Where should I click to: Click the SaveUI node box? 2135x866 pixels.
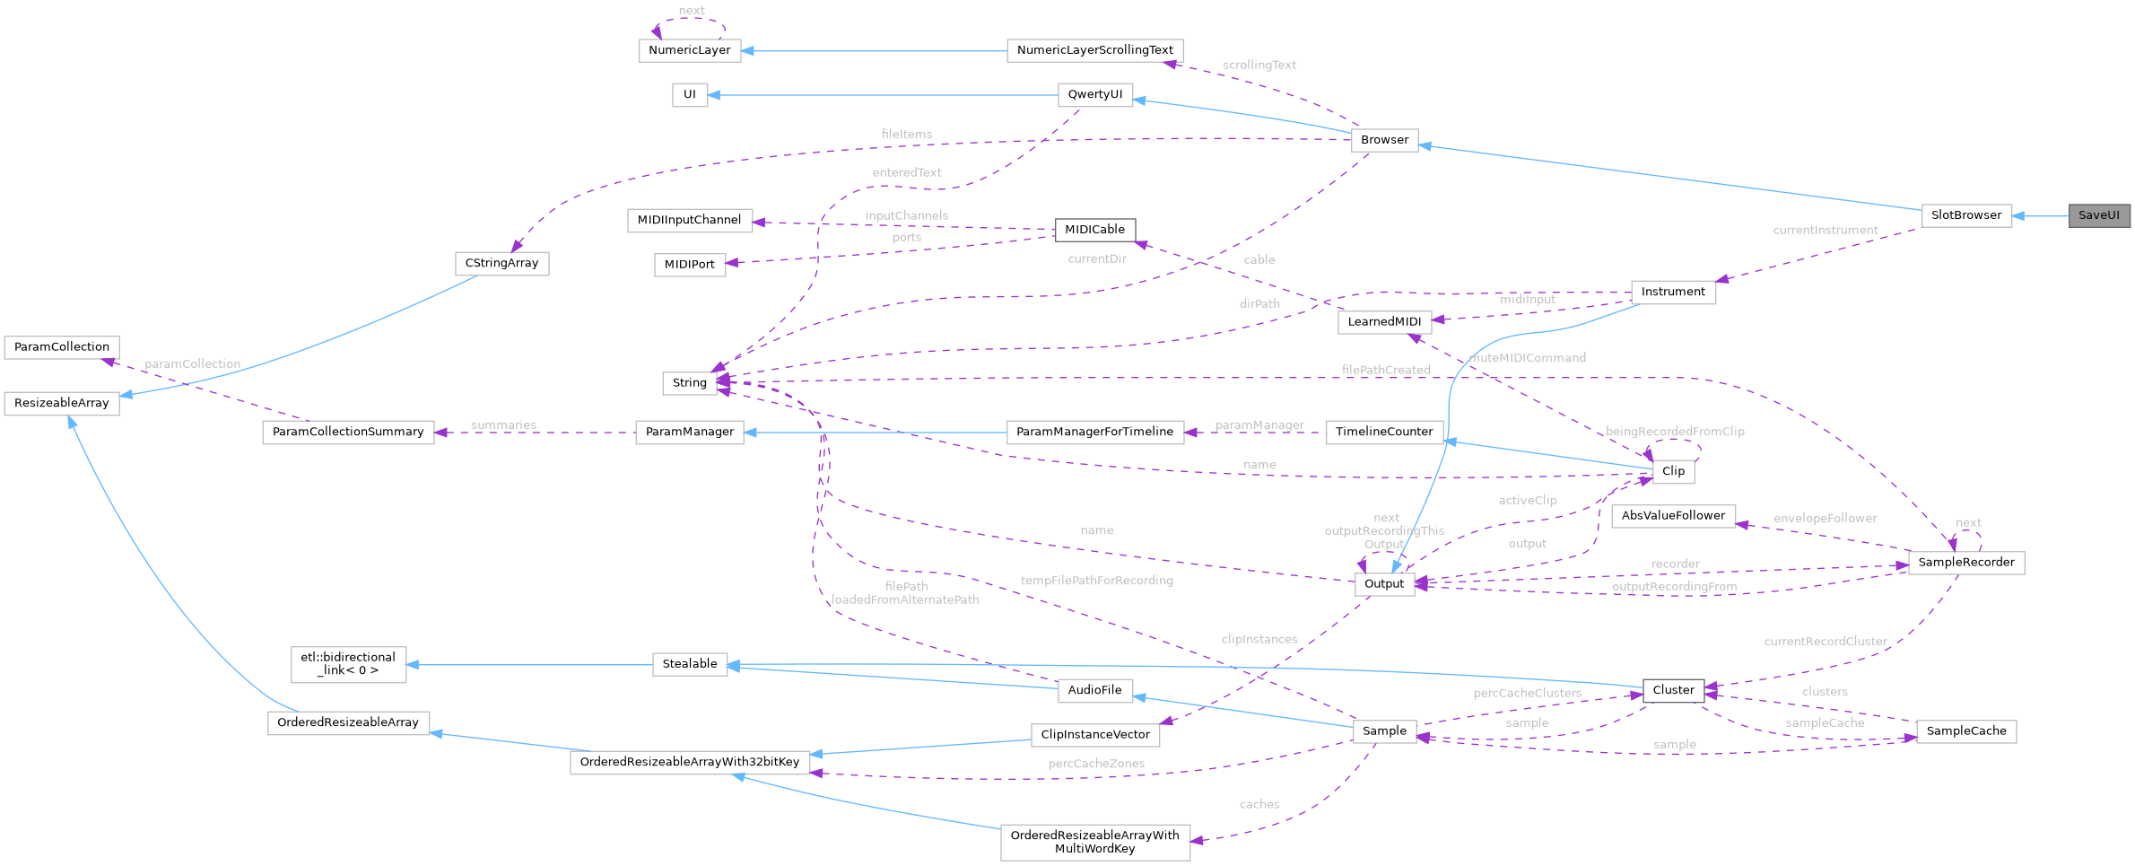2098,215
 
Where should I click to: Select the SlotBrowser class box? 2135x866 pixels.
1965,215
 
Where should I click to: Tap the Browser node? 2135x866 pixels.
1384,140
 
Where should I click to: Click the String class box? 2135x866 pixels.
689,383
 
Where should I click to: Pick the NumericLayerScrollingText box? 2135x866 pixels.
1094,50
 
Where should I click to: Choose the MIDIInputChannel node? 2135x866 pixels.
689,220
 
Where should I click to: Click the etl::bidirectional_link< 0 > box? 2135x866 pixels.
348,664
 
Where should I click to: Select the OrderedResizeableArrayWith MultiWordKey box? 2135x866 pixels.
1094,842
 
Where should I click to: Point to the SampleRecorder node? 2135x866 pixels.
1965,563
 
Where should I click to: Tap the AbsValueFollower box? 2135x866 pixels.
1673,516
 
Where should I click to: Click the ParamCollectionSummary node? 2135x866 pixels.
348,432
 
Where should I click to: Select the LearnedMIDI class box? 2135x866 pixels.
1384,322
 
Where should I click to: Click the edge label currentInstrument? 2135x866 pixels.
1825,231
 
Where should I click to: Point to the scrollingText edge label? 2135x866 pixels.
1259,65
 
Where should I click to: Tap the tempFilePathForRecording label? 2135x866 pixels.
1096,581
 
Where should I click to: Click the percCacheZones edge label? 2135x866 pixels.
1096,764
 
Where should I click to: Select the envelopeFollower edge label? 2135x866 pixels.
1825,519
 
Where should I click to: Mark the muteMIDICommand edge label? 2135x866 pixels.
1528,358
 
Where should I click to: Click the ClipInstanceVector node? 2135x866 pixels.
1094,735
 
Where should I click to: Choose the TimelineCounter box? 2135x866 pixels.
1384,432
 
